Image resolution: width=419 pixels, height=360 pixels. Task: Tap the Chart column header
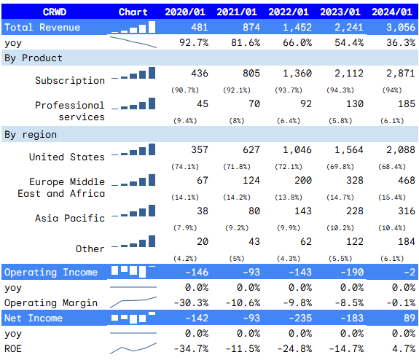(133, 12)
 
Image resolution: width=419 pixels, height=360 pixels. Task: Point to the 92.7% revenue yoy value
(193, 42)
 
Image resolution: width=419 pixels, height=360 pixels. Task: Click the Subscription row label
(70, 80)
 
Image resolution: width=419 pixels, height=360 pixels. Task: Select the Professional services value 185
(407, 104)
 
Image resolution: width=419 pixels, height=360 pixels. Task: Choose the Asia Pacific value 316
(407, 211)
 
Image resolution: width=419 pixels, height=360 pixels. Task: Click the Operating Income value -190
(348, 273)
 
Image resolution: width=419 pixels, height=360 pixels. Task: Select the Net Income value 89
(410, 318)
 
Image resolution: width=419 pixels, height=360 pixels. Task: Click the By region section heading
(31, 135)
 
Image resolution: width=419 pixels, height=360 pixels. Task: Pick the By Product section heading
(34, 58)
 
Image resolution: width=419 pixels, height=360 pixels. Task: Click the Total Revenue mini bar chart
(133, 28)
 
